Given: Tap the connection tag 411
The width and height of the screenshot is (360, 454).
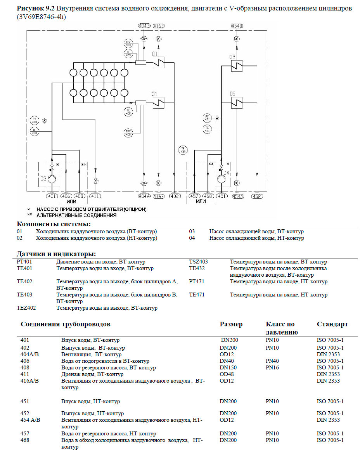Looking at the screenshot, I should coord(95,196).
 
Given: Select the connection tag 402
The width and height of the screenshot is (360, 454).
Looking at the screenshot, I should coord(175,196).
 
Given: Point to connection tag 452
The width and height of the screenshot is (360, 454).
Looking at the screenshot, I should coord(257,196).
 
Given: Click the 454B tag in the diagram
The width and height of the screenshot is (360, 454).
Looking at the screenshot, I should coord(236,26).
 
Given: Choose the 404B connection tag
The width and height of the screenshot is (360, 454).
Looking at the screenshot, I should coord(144,26).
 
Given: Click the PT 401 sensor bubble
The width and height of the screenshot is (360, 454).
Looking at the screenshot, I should coord(35,120).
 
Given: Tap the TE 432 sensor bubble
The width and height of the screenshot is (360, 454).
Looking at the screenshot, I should coord(182,149).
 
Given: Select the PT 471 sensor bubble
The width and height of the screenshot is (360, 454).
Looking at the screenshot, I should coord(207,118).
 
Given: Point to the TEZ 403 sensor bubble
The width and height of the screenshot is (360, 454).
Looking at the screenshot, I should coord(128,43).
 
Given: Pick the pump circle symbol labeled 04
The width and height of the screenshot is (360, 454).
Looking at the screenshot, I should coord(221,180).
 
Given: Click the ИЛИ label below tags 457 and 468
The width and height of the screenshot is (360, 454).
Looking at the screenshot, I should coord(201,201).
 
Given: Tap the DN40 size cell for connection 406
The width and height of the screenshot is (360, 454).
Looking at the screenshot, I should coord(227,361).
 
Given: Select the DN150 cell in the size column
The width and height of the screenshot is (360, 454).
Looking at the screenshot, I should coord(228,367).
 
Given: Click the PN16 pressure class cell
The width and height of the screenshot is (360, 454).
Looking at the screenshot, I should coord(272,367).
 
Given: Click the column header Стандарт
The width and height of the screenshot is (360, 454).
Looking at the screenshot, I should coord(332,324).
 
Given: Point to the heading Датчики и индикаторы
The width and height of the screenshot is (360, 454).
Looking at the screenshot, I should coord(56,254).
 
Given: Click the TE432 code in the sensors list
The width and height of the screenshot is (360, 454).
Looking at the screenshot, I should coord(197,268).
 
